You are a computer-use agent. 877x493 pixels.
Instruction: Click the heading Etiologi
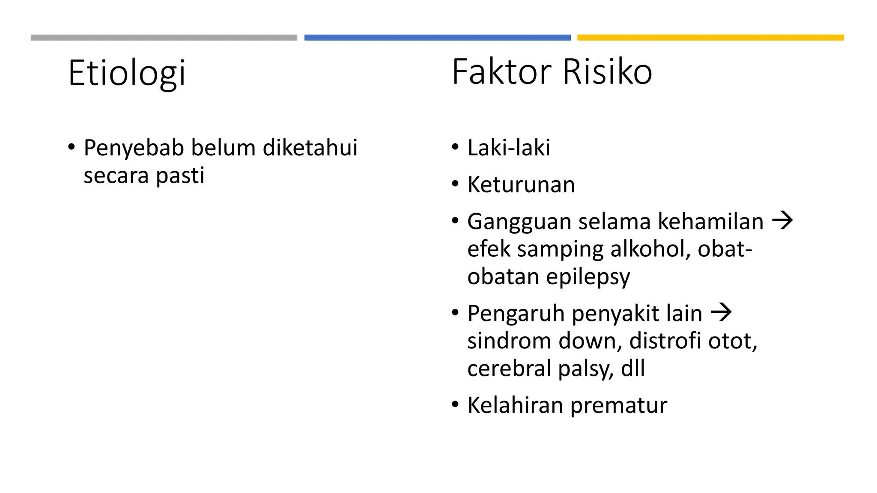[x=127, y=73]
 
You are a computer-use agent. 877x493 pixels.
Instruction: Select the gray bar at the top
[x=164, y=38]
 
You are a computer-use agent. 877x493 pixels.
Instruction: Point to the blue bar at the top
[x=437, y=38]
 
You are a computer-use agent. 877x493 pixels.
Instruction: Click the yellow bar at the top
[x=710, y=38]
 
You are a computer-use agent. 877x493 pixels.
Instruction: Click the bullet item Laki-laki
[x=509, y=148]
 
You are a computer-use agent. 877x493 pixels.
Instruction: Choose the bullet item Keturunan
[x=521, y=185]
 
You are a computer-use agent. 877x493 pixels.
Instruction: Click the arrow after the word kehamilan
[x=782, y=221]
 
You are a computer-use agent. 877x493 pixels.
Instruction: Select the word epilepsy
[x=588, y=277]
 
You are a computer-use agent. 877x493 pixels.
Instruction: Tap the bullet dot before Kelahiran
[x=455, y=404]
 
